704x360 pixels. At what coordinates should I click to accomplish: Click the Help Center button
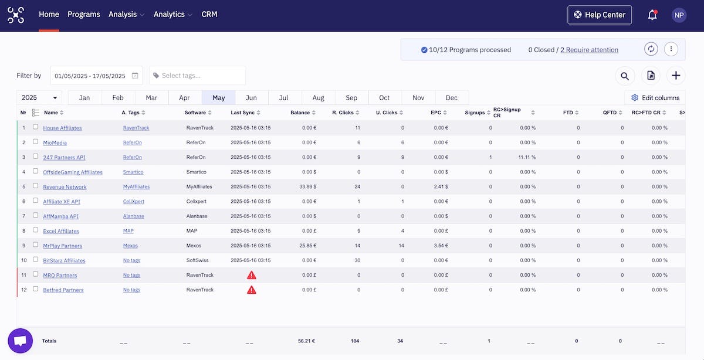point(600,15)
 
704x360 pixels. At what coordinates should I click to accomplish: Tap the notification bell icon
point(652,15)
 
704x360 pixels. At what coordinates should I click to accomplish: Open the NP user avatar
point(679,15)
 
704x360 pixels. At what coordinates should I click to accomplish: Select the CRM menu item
point(209,14)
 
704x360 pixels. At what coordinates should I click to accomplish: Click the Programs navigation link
point(84,14)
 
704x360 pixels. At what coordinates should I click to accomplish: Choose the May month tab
point(219,98)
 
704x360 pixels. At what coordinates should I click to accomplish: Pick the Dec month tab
point(452,98)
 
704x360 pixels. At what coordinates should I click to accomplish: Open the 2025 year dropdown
point(39,98)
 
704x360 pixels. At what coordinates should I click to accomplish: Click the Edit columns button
point(655,98)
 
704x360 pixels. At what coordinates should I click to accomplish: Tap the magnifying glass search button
point(625,76)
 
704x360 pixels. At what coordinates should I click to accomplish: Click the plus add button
point(676,76)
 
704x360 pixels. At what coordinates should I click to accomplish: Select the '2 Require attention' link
point(589,50)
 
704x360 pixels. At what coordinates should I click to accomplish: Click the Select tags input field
point(198,76)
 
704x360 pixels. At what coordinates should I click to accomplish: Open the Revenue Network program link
point(65,187)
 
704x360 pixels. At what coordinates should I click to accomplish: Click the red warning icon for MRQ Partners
point(251,275)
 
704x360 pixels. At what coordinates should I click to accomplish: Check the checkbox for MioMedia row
point(36,142)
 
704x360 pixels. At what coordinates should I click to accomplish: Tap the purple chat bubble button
point(20,341)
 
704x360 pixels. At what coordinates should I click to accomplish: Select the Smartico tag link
point(133,172)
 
